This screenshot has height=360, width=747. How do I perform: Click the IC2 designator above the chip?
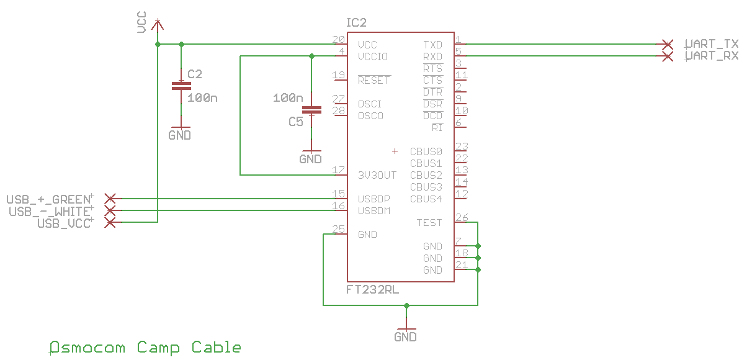point(357,23)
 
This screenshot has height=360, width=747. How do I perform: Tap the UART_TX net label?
point(712,44)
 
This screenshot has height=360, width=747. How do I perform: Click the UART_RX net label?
point(712,56)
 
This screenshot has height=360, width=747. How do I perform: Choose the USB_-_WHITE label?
point(50,212)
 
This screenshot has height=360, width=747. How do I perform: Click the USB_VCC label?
point(65,223)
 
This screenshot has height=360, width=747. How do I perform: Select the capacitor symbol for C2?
point(181,86)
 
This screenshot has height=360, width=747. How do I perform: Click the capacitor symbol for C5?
point(311,110)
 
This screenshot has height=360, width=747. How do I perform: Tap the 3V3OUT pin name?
point(377,176)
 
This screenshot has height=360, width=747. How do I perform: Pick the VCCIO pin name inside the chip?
point(373,56)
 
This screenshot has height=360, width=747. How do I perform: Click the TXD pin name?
point(432,45)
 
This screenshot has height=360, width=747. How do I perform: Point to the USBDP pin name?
point(373,199)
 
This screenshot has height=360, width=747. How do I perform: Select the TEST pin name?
point(429,223)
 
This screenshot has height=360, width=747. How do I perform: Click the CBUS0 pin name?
point(426,151)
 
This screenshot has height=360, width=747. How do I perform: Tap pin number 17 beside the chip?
point(339,170)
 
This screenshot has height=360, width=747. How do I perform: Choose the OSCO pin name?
point(370,116)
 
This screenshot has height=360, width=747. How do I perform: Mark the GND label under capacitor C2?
point(180,135)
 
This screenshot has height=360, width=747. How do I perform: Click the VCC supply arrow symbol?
point(158,24)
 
